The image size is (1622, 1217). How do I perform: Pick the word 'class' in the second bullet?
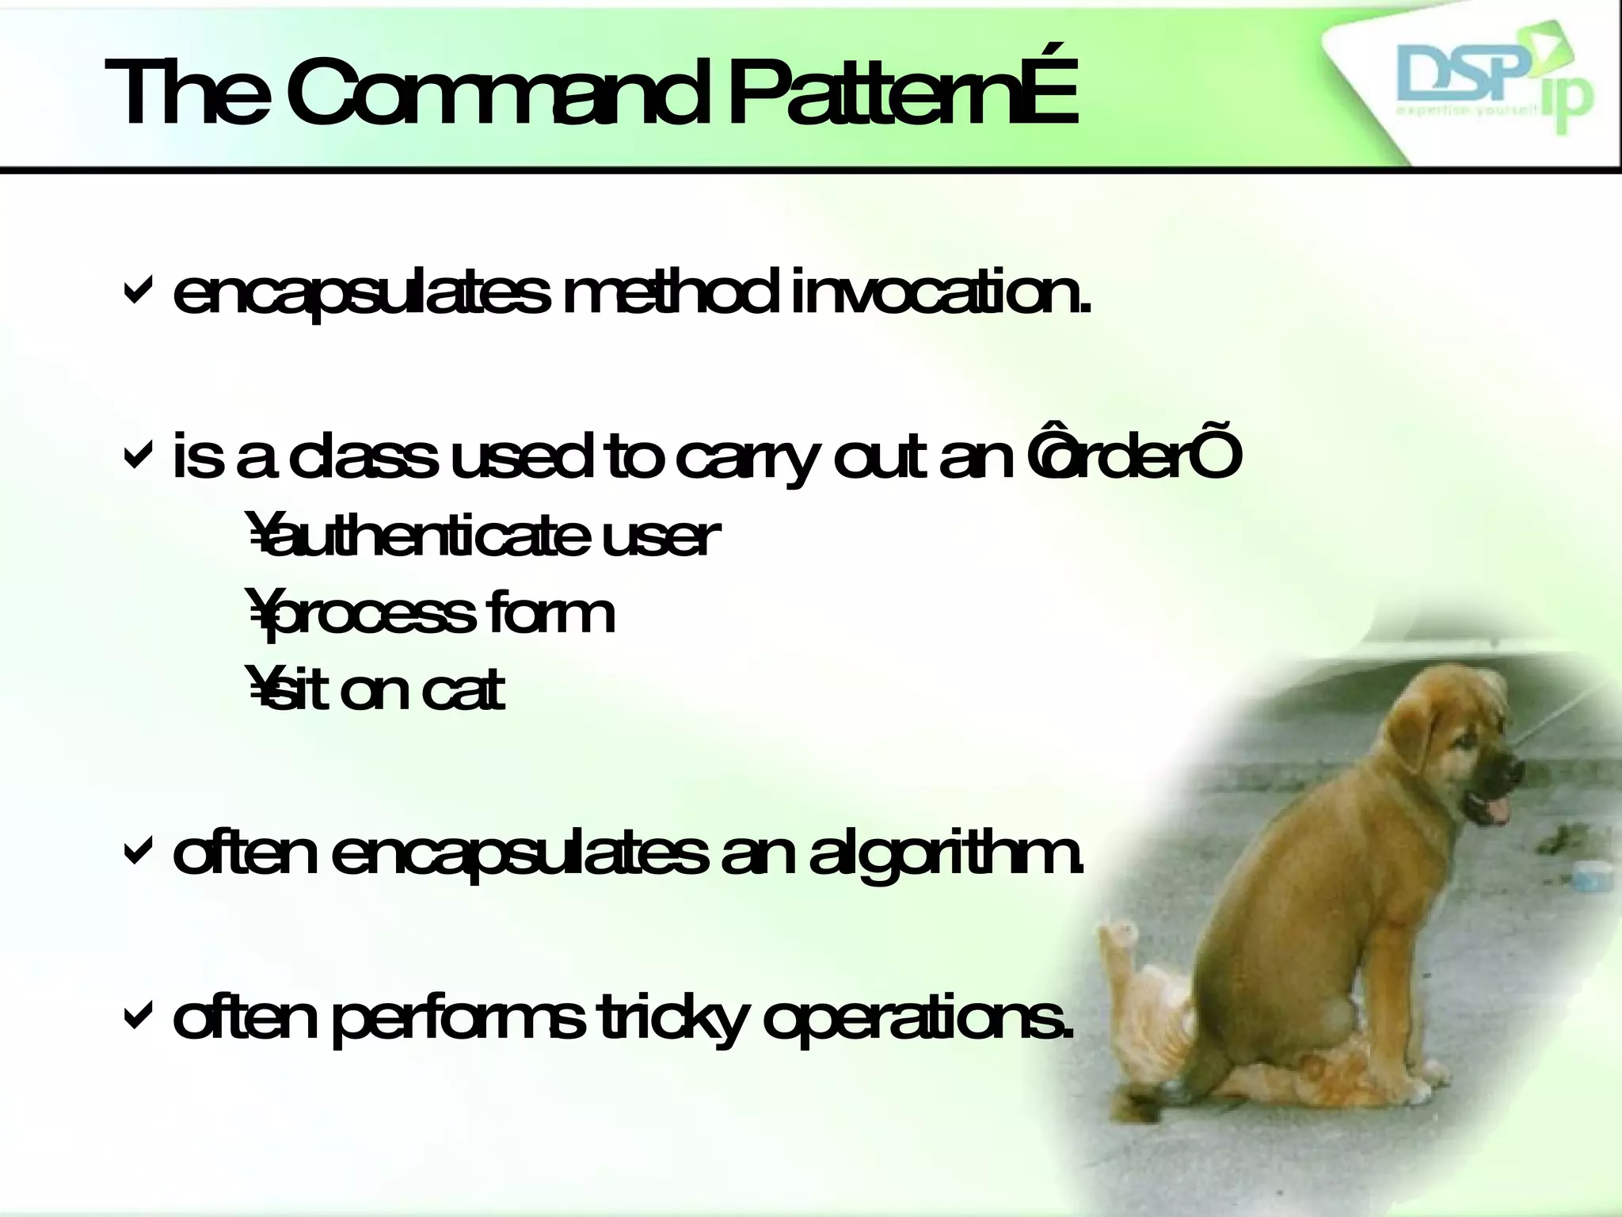361,460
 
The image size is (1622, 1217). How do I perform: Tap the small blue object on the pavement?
1584,875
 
